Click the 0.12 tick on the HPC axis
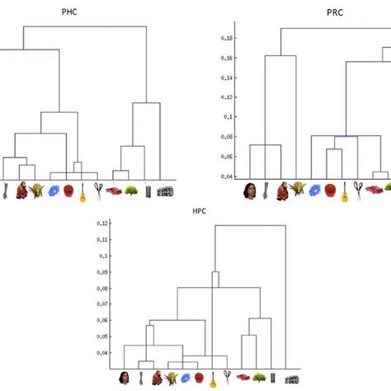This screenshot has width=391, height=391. [x=102, y=224]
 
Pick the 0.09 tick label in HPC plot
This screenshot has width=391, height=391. [x=102, y=272]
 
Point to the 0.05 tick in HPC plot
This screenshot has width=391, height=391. [x=102, y=337]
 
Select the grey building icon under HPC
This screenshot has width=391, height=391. [x=290, y=379]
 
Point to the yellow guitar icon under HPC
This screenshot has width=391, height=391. [x=213, y=379]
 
